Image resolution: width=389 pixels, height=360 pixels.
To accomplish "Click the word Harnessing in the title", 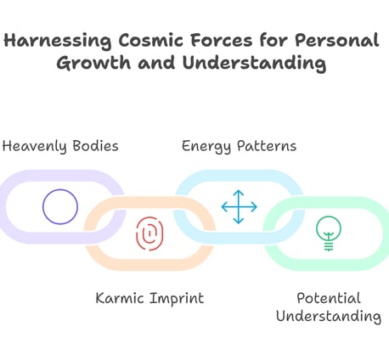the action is point(58,41).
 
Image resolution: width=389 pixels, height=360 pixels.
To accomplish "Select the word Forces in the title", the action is point(221,40).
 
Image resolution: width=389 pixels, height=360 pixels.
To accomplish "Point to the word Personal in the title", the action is point(336,40).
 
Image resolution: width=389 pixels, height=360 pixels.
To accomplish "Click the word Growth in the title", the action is point(93,63).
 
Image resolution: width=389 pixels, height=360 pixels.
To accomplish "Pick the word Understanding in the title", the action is point(254,64).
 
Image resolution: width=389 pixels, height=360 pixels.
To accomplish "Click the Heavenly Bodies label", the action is point(60,147).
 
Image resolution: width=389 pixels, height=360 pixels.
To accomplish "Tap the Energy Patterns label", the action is point(239,147).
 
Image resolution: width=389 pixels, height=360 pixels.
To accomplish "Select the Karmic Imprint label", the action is point(149,299).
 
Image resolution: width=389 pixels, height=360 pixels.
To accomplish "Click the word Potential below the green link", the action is point(329,298).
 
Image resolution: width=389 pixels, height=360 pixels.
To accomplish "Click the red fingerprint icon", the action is point(149,233).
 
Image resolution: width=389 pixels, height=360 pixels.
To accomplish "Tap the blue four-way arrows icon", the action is point(240,207).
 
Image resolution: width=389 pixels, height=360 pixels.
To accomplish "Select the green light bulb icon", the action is point(329,233).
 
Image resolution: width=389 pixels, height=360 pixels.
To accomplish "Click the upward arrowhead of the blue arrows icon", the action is point(239,192).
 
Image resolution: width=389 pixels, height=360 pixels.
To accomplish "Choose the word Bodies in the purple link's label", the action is point(95,146).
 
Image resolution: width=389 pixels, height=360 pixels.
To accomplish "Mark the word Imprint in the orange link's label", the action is point(177,299).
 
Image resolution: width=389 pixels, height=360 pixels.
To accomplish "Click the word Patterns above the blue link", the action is point(267,146).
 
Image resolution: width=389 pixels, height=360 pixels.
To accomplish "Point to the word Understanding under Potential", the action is point(329,317).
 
